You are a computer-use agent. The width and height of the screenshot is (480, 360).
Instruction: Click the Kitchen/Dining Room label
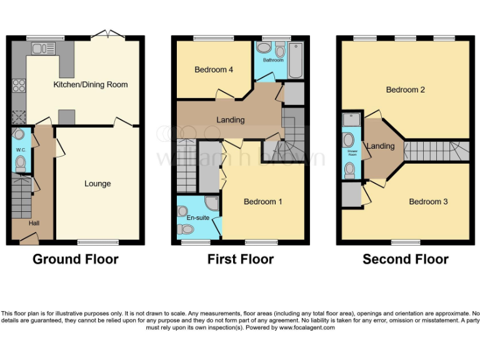(90, 84)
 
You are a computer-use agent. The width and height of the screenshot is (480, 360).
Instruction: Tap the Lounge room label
(97, 183)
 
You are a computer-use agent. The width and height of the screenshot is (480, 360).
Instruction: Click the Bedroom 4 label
(214, 69)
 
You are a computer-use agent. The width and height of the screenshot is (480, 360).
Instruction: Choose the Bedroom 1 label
(262, 201)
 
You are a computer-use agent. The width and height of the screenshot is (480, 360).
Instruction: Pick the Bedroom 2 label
(405, 89)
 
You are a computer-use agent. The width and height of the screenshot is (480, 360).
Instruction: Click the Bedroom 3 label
(428, 201)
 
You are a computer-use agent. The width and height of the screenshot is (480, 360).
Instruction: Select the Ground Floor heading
(75, 259)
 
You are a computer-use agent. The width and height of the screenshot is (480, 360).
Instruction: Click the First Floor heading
(241, 259)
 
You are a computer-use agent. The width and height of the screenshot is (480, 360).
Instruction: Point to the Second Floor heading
(405, 259)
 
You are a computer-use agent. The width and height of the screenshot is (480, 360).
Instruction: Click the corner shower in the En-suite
(211, 204)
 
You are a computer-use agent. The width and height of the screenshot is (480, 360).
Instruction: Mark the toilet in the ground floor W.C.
(20, 164)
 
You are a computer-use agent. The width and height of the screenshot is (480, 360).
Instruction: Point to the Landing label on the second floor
(380, 146)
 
